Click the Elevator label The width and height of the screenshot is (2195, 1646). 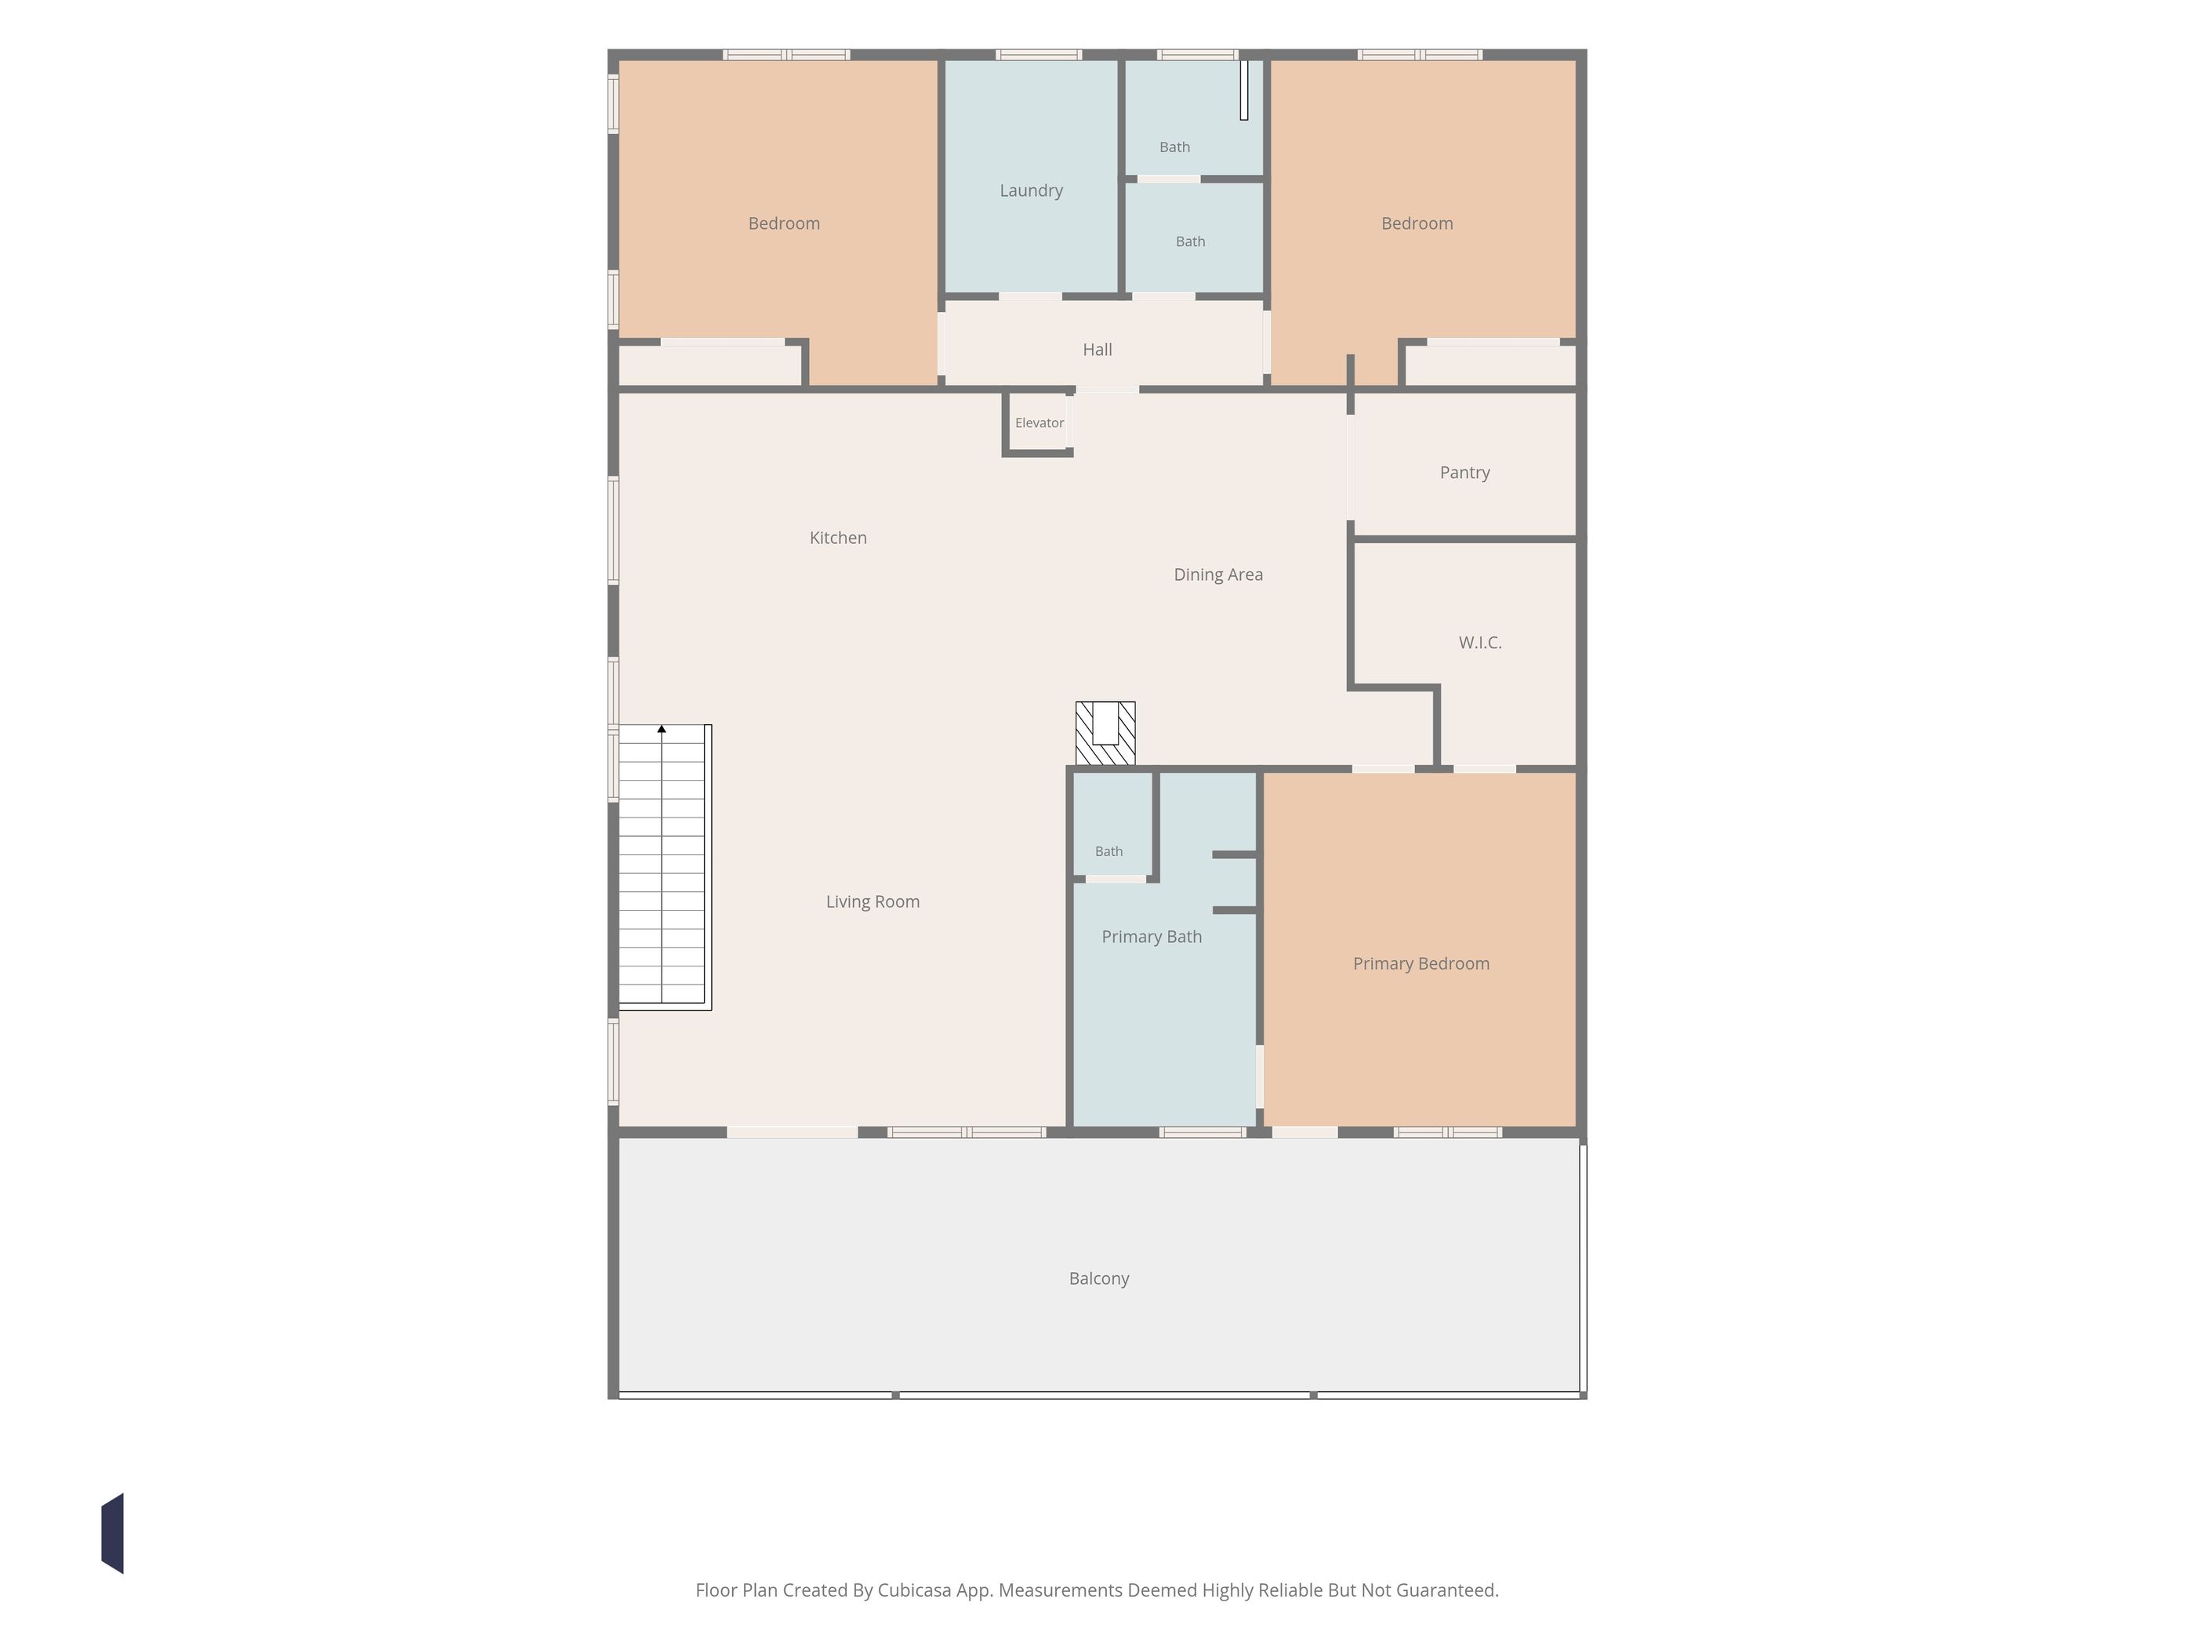click(1039, 422)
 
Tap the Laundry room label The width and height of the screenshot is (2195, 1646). click(1031, 190)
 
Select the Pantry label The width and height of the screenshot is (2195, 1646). click(1464, 473)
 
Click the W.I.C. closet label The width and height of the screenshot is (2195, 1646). click(1479, 643)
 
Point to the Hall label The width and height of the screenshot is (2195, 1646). click(1097, 350)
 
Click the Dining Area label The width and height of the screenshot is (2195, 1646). click(1217, 575)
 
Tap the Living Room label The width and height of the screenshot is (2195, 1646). click(873, 902)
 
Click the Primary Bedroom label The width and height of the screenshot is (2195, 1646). click(1421, 963)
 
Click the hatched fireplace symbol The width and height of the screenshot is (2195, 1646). click(1105, 733)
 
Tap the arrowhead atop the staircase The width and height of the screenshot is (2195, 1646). click(662, 729)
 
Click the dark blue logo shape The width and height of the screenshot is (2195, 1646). click(112, 1533)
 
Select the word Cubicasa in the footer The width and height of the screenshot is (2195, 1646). click(914, 1590)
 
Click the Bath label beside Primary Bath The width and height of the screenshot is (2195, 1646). click(1108, 851)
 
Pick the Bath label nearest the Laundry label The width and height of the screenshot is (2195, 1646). click(1175, 147)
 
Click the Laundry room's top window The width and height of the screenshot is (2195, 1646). click(1039, 55)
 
